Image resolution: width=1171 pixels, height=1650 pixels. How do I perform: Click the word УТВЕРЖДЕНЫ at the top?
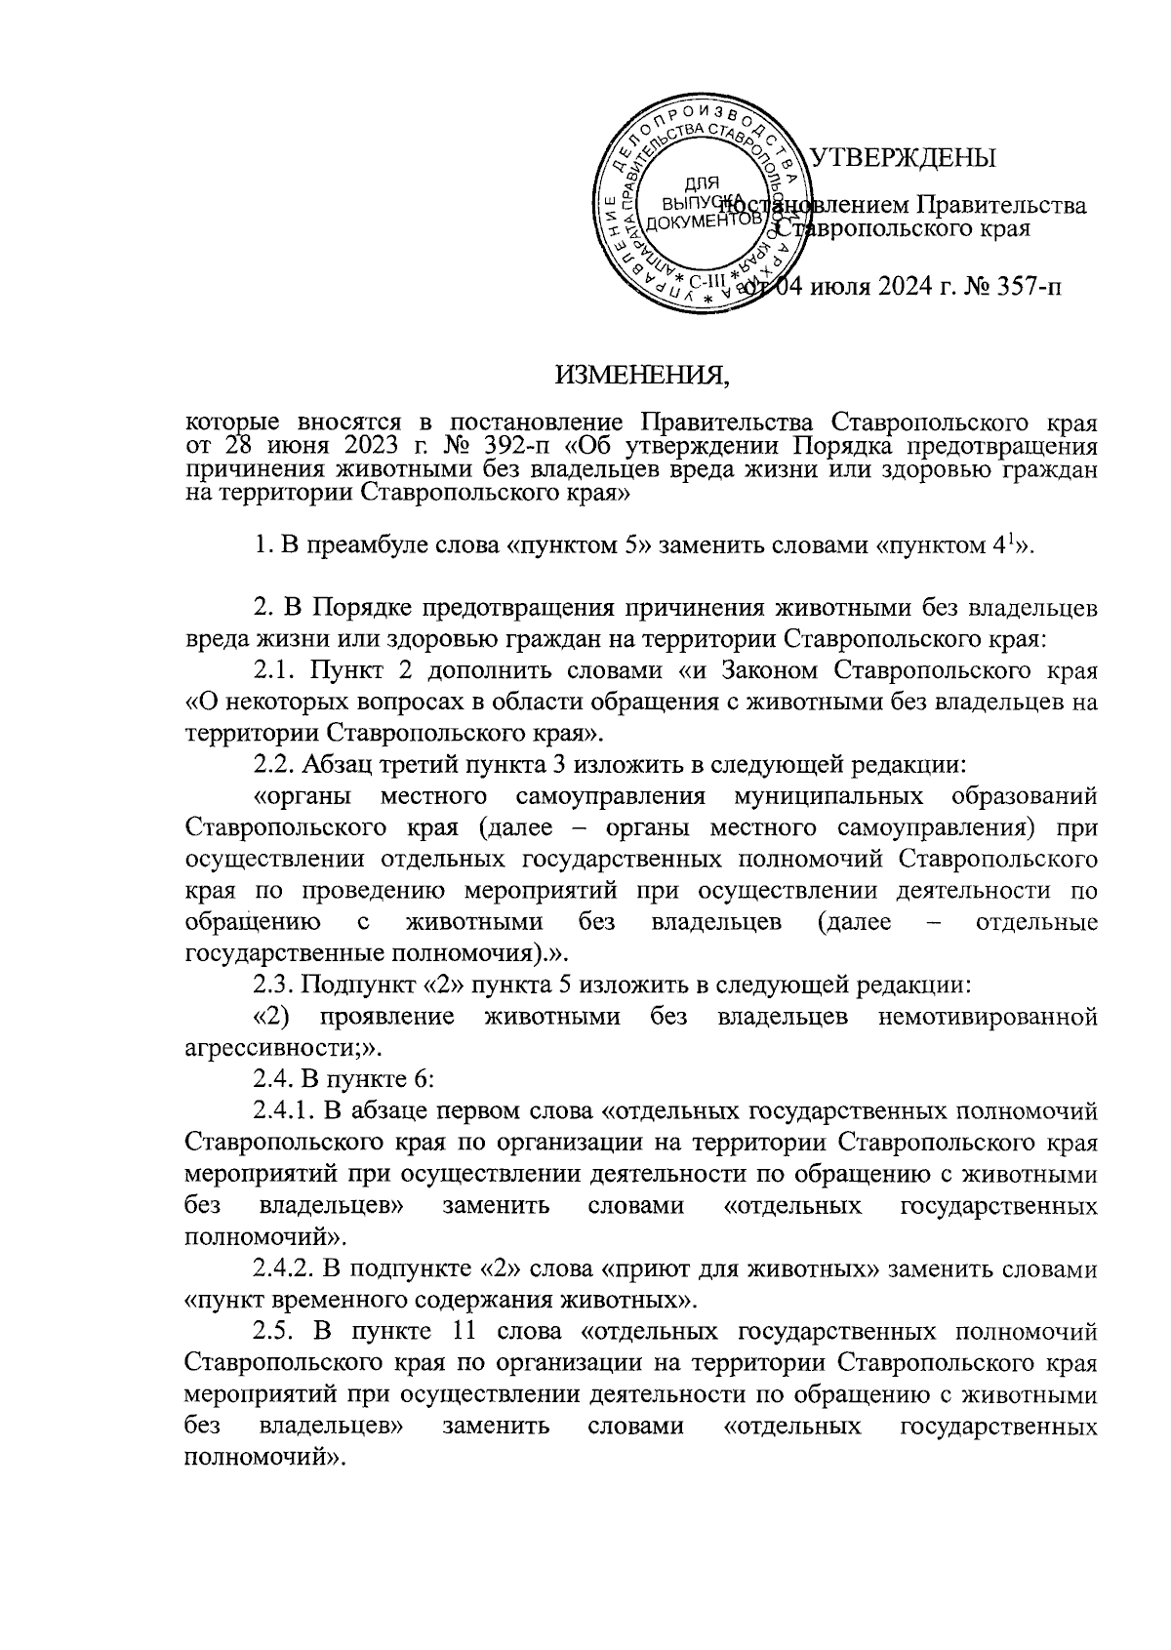pyautogui.click(x=904, y=158)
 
